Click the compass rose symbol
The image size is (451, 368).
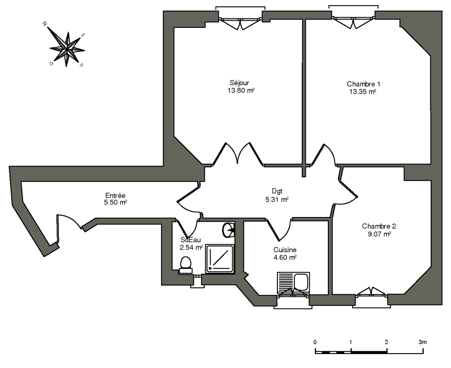[67, 47]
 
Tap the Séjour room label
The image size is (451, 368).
[239, 83]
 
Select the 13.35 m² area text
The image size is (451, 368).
[362, 91]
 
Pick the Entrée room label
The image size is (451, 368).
[115, 195]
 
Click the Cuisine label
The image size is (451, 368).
[285, 250]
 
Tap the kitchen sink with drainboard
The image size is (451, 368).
[294, 282]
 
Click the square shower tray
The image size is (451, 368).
[220, 259]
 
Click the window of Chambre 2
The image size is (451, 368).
[372, 293]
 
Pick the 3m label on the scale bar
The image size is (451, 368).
[423, 342]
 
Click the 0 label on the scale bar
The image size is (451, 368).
[315, 342]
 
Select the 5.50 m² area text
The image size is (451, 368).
[115, 203]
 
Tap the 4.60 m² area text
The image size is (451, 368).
[285, 258]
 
